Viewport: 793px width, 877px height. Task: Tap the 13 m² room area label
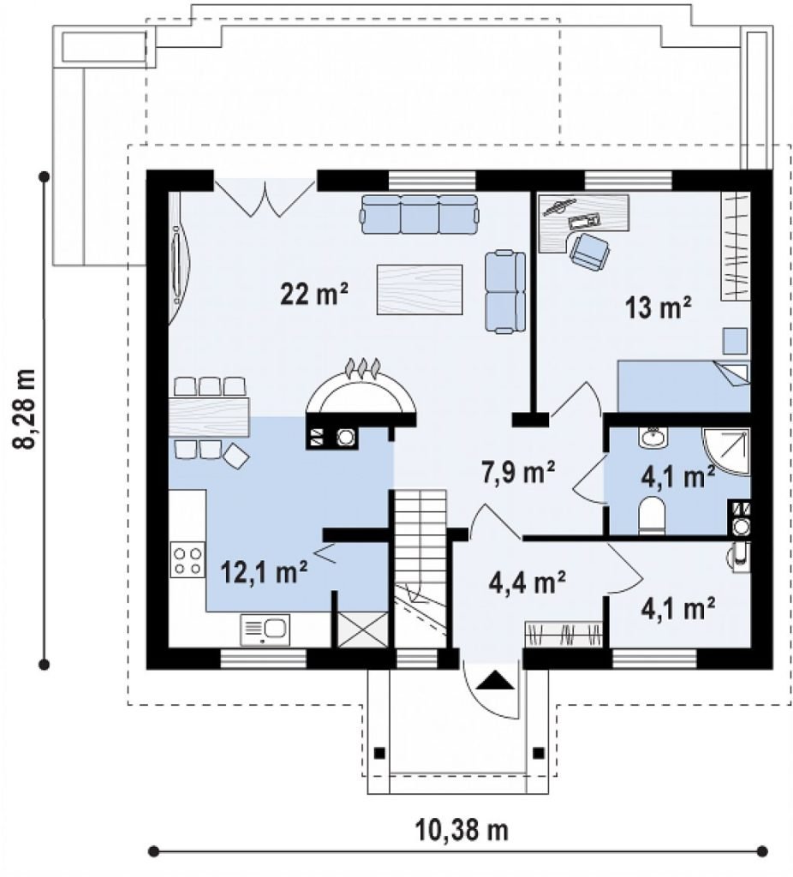[659, 307]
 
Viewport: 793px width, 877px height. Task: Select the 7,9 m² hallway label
[518, 472]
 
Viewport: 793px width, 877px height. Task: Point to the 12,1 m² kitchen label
[264, 571]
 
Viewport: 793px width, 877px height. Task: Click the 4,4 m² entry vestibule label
[526, 582]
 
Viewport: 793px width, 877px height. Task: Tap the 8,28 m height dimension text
[26, 409]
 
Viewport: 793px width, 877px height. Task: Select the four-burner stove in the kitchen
[188, 560]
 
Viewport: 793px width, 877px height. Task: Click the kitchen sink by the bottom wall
[265, 629]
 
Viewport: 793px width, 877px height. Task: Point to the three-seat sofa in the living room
[420, 213]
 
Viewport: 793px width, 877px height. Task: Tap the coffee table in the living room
[420, 289]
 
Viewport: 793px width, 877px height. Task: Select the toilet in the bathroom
[651, 515]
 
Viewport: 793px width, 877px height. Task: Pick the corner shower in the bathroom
[726, 452]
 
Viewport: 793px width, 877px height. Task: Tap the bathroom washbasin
[652, 438]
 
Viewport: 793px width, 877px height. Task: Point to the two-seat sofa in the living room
[505, 292]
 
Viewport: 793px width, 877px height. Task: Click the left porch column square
[379, 752]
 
